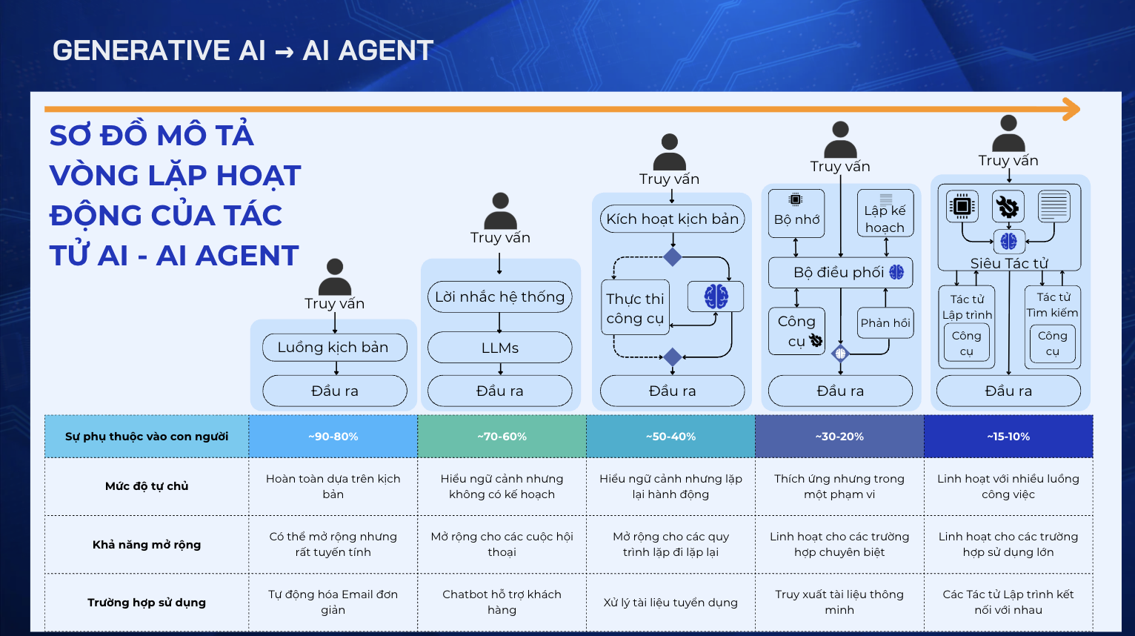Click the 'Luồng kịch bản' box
pyautogui.click(x=335, y=347)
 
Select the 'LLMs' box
pyautogui.click(x=500, y=348)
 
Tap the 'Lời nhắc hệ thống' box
pyautogui.click(x=500, y=297)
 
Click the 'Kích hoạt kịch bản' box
pyautogui.click(x=672, y=219)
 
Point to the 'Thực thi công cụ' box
pyautogui.click(x=636, y=308)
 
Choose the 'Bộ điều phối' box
pyautogui.click(x=840, y=272)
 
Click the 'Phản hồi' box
pyautogui.click(x=885, y=323)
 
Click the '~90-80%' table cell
pyautogui.click(x=333, y=437)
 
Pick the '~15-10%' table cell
pyautogui.click(x=1008, y=437)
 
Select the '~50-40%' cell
pyautogui.click(x=670, y=437)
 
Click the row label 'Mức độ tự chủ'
pyautogui.click(x=147, y=486)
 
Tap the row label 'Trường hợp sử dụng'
pyautogui.click(x=147, y=603)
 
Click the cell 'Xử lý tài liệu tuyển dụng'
pyautogui.click(x=670, y=603)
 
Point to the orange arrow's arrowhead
pyautogui.click(x=1071, y=109)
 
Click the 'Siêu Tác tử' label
pyautogui.click(x=1009, y=263)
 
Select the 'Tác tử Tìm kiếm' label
pyautogui.click(x=1052, y=305)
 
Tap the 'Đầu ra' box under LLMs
pyautogui.click(x=500, y=391)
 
